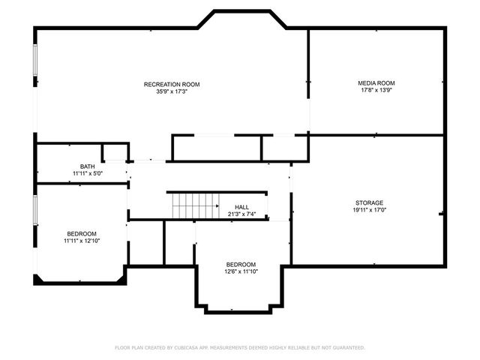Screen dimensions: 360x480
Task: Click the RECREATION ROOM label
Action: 172,84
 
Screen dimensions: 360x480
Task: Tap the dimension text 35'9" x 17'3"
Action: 172,91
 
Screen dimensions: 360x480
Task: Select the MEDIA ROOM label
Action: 376,82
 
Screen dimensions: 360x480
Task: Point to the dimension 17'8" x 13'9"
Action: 376,90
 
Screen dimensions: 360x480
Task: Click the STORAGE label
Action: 369,202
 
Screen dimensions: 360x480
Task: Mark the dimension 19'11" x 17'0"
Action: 369,210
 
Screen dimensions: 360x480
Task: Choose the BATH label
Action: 88,166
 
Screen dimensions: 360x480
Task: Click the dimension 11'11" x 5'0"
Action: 88,173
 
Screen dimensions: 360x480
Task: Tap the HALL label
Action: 241,207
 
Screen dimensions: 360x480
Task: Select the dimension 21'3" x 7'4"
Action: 241,214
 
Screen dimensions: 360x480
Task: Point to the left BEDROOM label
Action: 81,233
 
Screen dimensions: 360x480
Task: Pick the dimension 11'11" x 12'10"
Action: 81,241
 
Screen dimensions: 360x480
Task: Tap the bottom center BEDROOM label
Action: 241,264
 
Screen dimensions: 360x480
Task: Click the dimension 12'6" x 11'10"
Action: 241,271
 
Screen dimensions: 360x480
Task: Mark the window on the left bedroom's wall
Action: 34,209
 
